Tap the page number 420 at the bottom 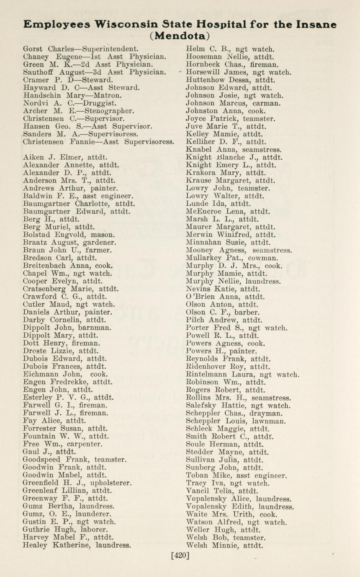pyautogui.click(x=180, y=556)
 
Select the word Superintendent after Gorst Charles pyautogui.click(x=110, y=49)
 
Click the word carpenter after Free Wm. pyautogui.click(x=87, y=444)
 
